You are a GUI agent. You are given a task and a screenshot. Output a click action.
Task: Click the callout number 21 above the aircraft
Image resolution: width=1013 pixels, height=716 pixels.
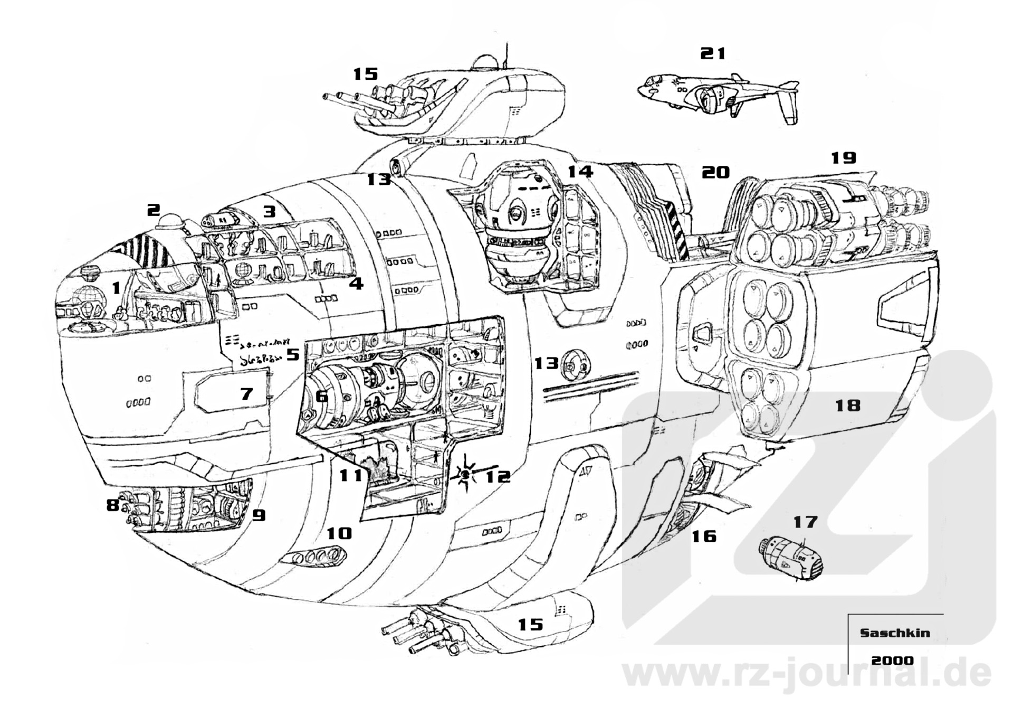click(x=713, y=53)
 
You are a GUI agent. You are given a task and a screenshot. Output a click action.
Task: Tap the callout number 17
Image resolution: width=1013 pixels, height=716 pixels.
click(x=805, y=522)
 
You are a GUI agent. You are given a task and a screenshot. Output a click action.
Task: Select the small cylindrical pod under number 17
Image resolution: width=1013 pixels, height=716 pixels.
click(x=791, y=559)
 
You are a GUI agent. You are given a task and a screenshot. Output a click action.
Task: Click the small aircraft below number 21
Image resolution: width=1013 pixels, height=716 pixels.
click(x=718, y=98)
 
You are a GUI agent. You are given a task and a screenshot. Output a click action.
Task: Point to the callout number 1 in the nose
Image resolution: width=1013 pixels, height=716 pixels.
click(x=117, y=288)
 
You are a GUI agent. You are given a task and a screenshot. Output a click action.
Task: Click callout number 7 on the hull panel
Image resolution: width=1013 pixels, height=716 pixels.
click(x=246, y=393)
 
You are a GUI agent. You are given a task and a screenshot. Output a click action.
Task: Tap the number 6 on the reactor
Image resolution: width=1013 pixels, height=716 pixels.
click(x=321, y=396)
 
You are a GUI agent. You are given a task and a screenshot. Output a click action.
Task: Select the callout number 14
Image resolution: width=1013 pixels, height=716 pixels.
click(x=580, y=171)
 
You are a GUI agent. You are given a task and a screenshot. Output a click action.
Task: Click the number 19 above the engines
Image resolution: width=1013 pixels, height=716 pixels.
click(x=843, y=157)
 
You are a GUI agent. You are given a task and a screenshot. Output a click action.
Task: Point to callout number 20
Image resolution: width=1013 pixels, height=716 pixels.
click(x=715, y=172)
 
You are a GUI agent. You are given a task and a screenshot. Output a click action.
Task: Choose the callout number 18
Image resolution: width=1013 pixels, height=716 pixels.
click(x=848, y=406)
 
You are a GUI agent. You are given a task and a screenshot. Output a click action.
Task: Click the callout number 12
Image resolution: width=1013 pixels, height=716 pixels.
click(x=498, y=477)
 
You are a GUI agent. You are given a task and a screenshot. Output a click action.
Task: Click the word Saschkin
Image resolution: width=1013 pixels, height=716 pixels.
click(x=895, y=633)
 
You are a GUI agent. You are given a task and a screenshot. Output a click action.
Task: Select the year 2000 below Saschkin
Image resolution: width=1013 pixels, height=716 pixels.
click(x=892, y=661)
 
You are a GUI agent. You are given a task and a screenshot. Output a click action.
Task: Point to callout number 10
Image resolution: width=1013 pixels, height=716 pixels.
click(x=339, y=533)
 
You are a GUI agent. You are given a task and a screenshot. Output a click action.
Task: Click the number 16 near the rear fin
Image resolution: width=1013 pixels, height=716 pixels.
click(x=704, y=536)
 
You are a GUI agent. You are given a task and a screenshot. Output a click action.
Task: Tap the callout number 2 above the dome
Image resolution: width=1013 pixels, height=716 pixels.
click(x=153, y=210)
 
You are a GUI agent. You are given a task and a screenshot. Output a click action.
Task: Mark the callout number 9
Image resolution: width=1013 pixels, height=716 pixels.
click(x=259, y=515)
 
